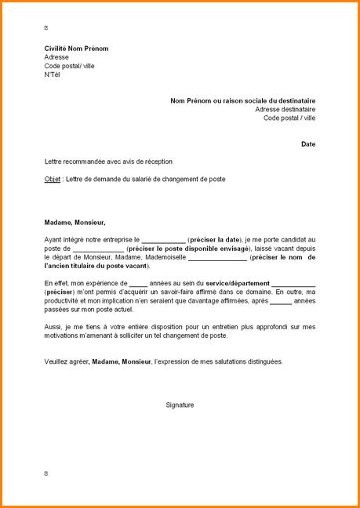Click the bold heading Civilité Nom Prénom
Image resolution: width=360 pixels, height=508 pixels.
(76, 49)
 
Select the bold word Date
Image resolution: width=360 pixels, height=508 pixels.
(308, 144)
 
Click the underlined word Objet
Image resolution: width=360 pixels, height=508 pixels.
(53, 179)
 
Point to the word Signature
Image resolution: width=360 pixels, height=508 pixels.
(180, 405)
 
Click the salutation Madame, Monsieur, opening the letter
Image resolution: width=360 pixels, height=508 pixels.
(75, 222)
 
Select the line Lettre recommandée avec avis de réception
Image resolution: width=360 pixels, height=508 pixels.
(108, 161)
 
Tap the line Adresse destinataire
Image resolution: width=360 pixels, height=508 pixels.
(285, 110)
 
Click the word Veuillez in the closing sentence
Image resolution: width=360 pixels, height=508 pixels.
(57, 361)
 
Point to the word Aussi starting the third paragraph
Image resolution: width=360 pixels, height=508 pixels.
(53, 326)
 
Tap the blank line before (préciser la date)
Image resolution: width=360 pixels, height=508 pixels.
(163, 239)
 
